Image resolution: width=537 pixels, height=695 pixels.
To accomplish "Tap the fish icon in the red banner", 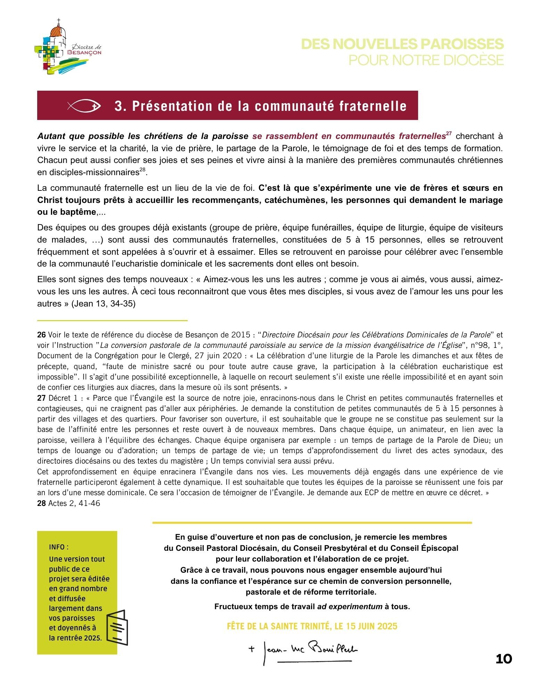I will pos(84,106).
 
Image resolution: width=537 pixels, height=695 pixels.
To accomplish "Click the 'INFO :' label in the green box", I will pos(59,547).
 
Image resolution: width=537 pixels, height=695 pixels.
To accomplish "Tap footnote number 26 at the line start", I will pos(41,335).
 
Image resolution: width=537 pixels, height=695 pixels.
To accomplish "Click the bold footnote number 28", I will pos(41,503).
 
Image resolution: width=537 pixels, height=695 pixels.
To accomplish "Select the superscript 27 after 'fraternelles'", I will pos(449,134).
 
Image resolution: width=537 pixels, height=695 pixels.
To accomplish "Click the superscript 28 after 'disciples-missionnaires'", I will pos(143,170).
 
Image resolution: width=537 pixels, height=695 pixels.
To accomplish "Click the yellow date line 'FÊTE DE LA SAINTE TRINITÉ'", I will pos(312,626).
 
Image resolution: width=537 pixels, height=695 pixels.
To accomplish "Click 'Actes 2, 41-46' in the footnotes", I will pos(74,503).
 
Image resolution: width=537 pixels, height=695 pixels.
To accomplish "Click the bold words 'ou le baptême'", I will pos(66,212).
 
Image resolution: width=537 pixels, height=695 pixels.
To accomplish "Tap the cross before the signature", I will pos(252,648).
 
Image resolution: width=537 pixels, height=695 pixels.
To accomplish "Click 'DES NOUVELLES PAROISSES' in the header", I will pos(402,44).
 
